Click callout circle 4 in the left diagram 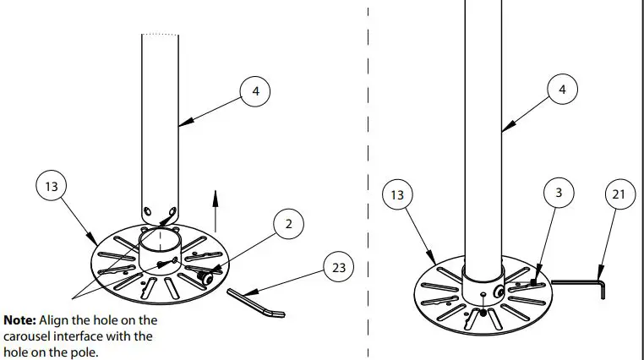(255, 90)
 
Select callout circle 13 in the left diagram (52, 186)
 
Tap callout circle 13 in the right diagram (396, 196)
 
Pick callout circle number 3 (559, 194)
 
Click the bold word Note (19, 321)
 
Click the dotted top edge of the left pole (160, 35)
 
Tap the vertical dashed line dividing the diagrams (368, 169)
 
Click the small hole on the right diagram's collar (482, 295)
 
